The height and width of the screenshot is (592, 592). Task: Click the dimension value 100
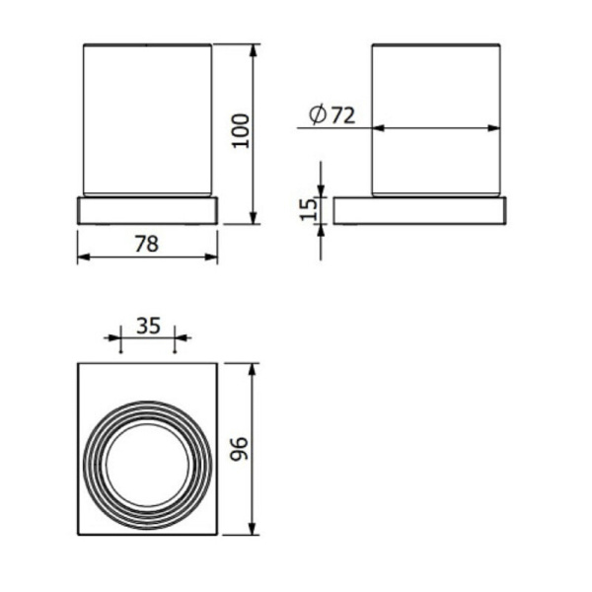241,129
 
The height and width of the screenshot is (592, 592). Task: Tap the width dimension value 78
146,243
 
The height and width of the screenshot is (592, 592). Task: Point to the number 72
342,115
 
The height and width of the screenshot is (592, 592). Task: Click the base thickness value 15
308,208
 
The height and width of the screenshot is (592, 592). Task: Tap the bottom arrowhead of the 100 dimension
255,219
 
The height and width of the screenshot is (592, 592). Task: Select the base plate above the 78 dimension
146,210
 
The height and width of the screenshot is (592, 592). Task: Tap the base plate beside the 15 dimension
419,210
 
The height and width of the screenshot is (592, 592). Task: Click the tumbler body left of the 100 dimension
146,118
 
